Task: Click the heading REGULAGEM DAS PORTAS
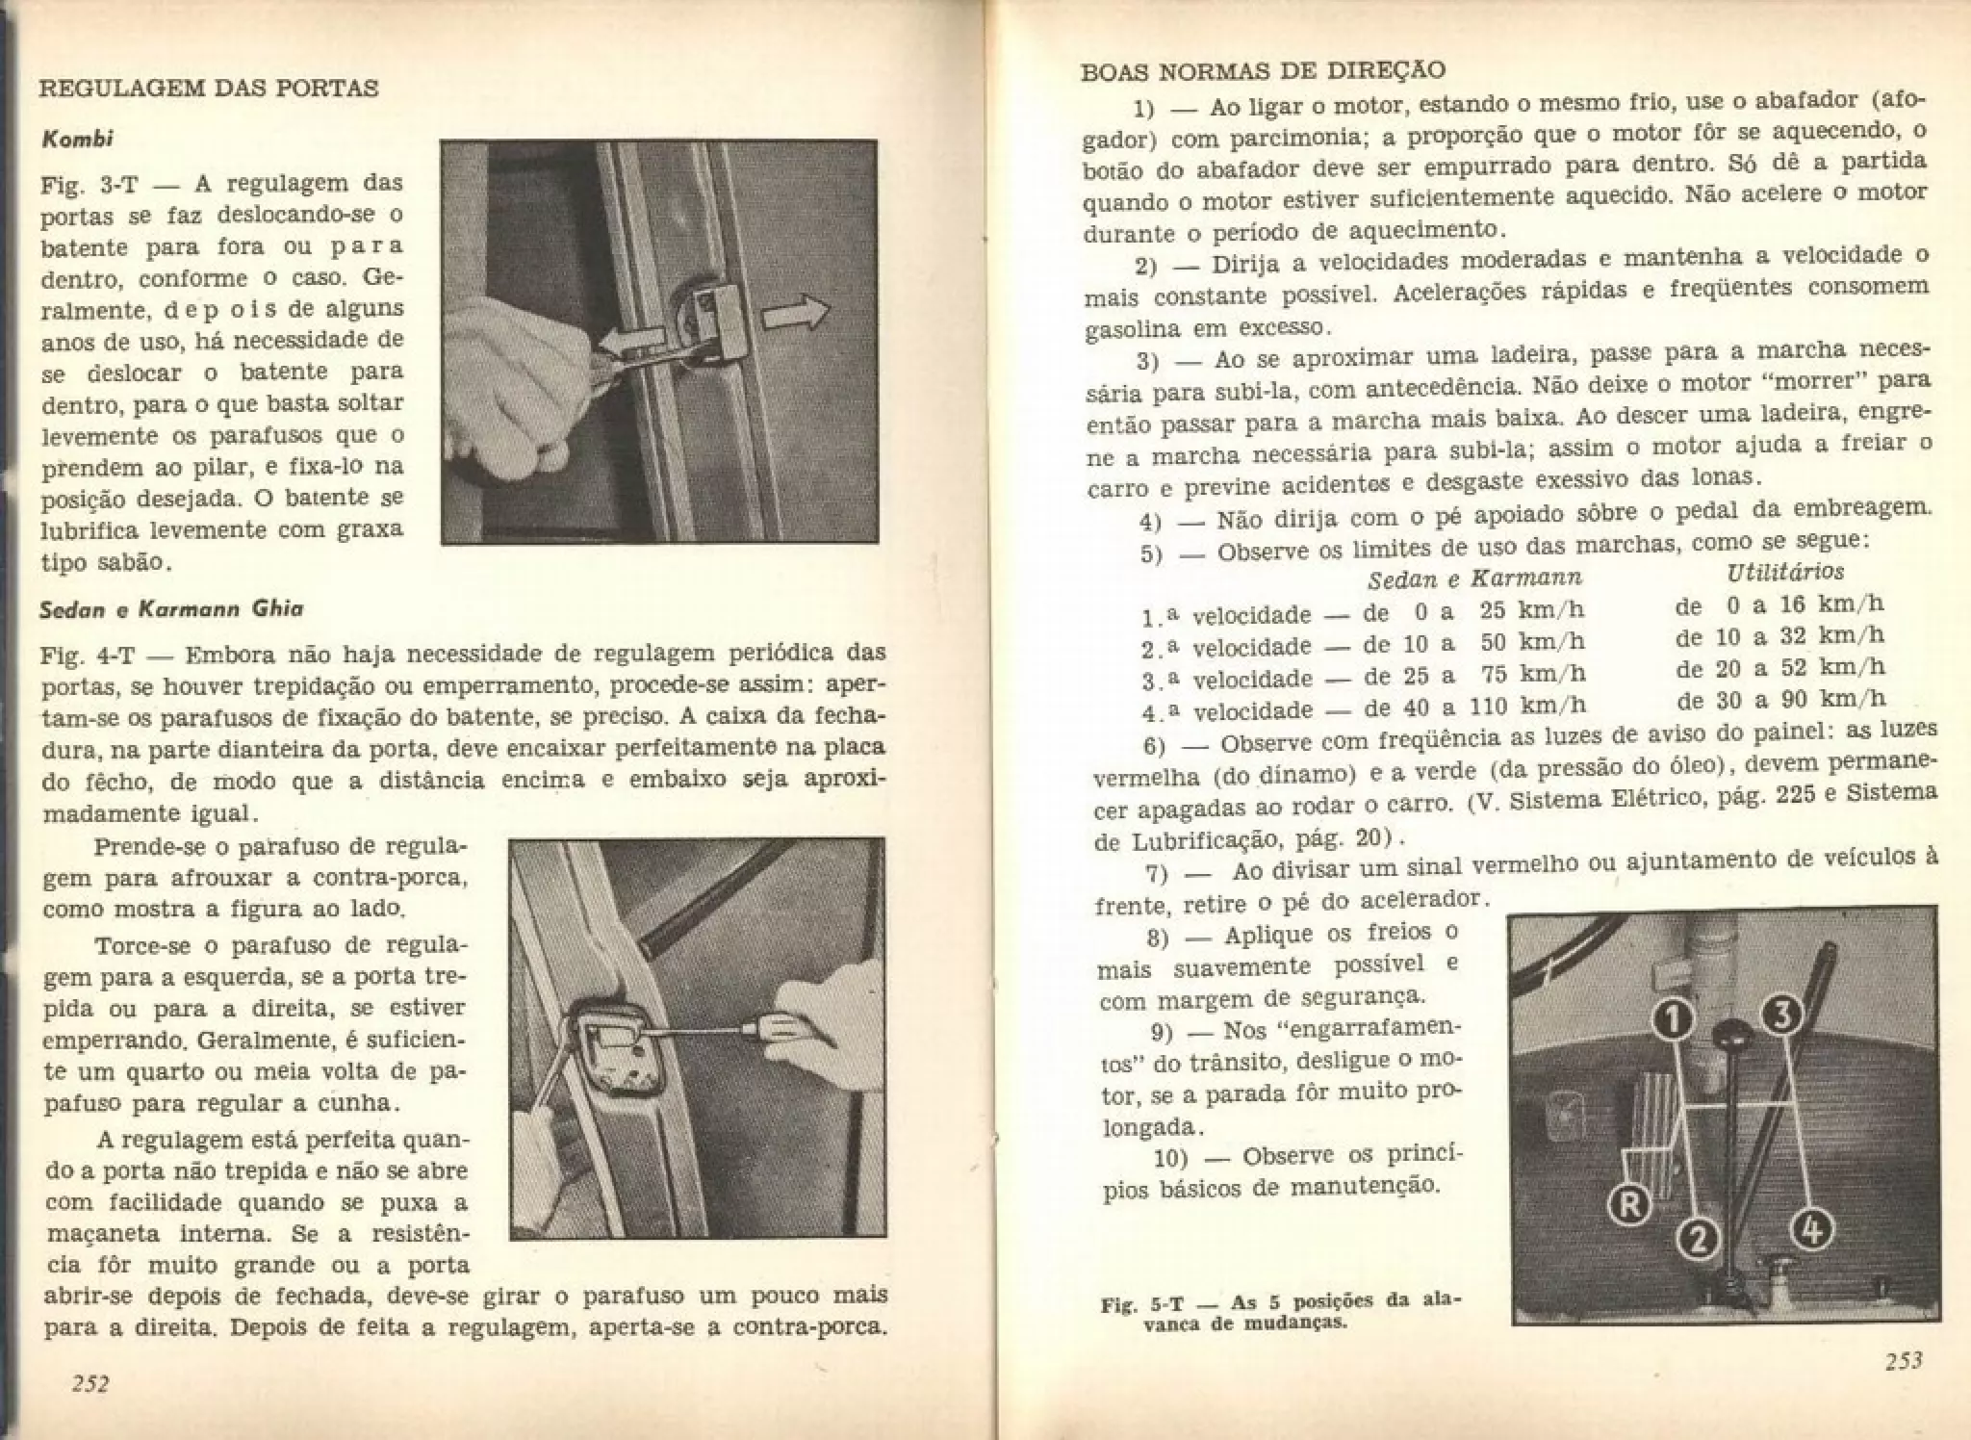(208, 89)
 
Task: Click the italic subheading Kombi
(78, 139)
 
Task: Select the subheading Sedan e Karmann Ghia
(172, 609)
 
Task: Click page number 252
(90, 1383)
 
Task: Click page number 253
(1903, 1360)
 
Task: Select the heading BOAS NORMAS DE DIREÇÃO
(1263, 71)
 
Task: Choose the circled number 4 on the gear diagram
(1811, 1229)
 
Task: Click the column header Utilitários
(1785, 572)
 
